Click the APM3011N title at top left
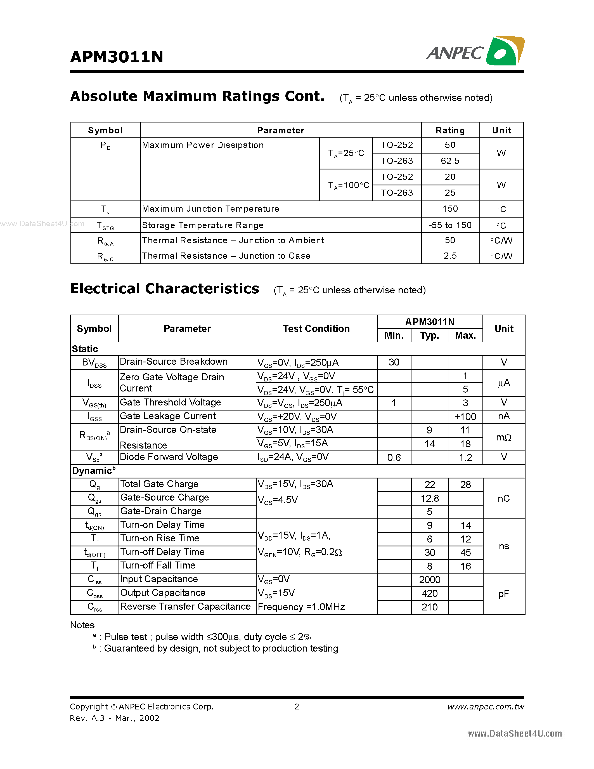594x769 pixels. [117, 57]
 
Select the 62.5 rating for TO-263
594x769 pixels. [450, 161]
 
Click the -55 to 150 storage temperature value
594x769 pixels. [450, 225]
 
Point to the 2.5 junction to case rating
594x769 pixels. [450, 256]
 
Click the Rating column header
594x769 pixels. [450, 130]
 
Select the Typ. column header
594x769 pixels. [429, 335]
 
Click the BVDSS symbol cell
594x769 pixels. [94, 362]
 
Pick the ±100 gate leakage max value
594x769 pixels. [465, 417]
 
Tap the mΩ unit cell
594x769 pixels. [503, 437]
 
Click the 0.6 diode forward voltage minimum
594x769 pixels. [394, 457]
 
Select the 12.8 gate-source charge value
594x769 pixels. [429, 498]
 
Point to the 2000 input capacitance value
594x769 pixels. [429, 580]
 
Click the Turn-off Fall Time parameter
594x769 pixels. [158, 565]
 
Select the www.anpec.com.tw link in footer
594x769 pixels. [485, 707]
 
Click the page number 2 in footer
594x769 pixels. [297, 707]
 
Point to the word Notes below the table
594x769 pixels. [82, 625]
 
